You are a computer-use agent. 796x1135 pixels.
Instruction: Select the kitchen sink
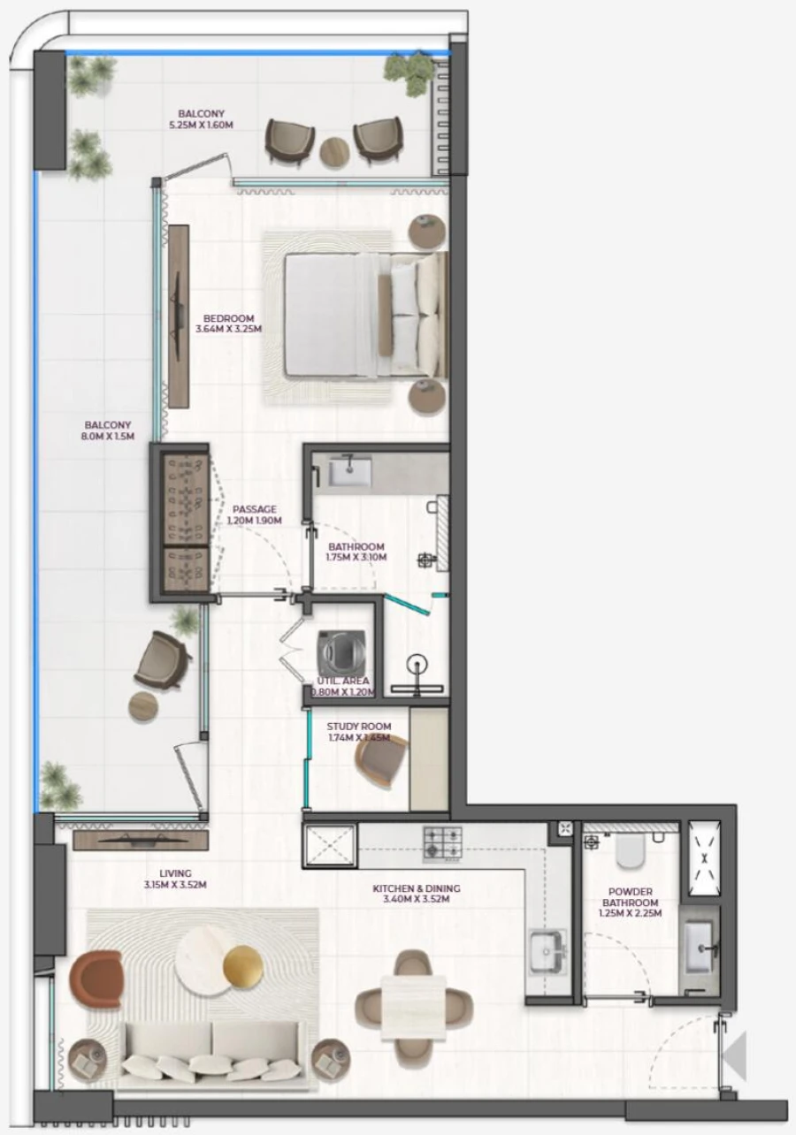coord(547,951)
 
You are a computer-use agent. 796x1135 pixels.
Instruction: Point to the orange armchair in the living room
coord(96,979)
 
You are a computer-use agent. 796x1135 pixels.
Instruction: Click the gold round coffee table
coord(243,968)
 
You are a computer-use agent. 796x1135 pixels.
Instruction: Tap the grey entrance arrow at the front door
coord(735,1056)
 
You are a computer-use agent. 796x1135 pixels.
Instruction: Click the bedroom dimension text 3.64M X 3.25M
coord(228,330)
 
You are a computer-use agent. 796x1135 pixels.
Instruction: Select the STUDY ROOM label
coord(358,727)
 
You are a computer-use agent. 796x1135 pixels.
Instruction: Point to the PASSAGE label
coord(255,509)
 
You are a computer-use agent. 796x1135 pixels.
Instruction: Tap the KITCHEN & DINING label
coord(416,888)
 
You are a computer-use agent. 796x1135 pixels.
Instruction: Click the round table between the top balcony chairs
coord(335,152)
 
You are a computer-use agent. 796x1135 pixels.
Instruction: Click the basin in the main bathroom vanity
coord(350,471)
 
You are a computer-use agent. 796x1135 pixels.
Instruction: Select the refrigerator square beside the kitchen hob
coord(330,844)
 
